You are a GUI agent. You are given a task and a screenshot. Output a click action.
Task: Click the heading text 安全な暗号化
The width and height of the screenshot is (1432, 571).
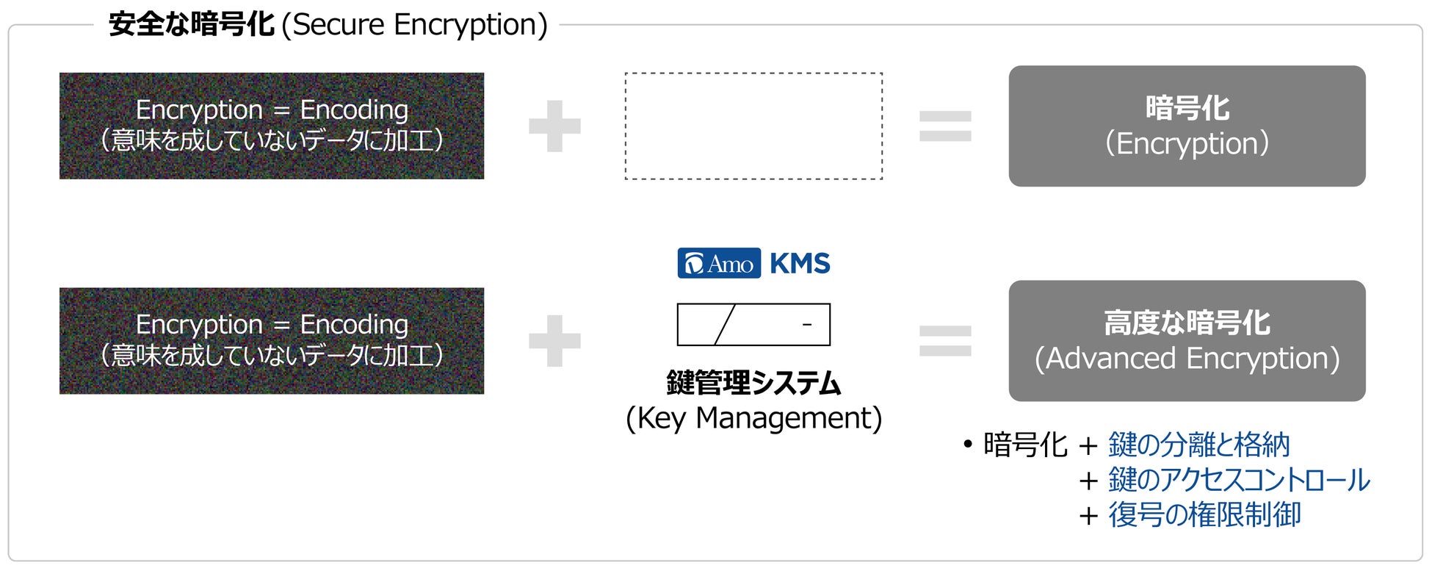(x=191, y=24)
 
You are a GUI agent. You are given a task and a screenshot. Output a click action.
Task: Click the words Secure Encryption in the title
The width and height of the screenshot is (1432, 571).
(x=415, y=25)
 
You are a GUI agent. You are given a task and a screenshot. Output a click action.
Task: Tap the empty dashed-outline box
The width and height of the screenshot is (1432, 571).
(x=753, y=126)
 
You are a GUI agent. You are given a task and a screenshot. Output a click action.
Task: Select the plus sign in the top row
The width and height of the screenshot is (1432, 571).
(x=554, y=126)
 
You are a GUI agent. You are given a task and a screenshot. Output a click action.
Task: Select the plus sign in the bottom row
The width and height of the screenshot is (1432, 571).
(x=554, y=341)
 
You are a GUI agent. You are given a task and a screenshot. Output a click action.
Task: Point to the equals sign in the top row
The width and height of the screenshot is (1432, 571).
(x=945, y=126)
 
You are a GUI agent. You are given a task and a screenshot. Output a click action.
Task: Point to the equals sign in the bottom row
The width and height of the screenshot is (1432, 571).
(x=945, y=341)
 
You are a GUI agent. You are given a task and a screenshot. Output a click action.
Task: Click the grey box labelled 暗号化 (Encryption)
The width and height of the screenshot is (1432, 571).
(x=1187, y=126)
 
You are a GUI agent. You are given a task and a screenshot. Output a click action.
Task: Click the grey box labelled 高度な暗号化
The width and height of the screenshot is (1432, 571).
(x=1187, y=340)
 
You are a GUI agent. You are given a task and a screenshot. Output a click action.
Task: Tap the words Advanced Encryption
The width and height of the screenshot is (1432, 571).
(x=1187, y=359)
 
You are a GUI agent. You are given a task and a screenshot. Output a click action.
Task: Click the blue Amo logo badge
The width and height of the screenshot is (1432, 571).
(x=719, y=263)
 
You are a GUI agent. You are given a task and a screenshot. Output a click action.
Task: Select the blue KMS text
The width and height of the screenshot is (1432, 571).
(x=800, y=263)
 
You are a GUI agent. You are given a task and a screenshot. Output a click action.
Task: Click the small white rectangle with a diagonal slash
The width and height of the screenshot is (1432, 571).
(x=753, y=324)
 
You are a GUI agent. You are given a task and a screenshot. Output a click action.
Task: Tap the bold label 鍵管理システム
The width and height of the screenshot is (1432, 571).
(x=753, y=383)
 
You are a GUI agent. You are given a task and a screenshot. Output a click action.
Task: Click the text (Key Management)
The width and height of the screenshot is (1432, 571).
(x=753, y=418)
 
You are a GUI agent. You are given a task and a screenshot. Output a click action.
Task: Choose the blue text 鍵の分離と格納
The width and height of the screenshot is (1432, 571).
(x=1198, y=445)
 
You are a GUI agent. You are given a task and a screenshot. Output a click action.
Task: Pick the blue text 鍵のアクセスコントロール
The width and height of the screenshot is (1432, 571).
(x=1239, y=480)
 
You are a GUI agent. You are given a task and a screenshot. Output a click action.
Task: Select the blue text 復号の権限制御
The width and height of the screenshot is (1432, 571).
(x=1204, y=514)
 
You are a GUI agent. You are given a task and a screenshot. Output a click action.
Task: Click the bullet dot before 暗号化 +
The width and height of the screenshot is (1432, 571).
(x=968, y=445)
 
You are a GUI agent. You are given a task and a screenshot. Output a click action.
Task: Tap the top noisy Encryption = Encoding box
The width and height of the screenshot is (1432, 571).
(x=272, y=126)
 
